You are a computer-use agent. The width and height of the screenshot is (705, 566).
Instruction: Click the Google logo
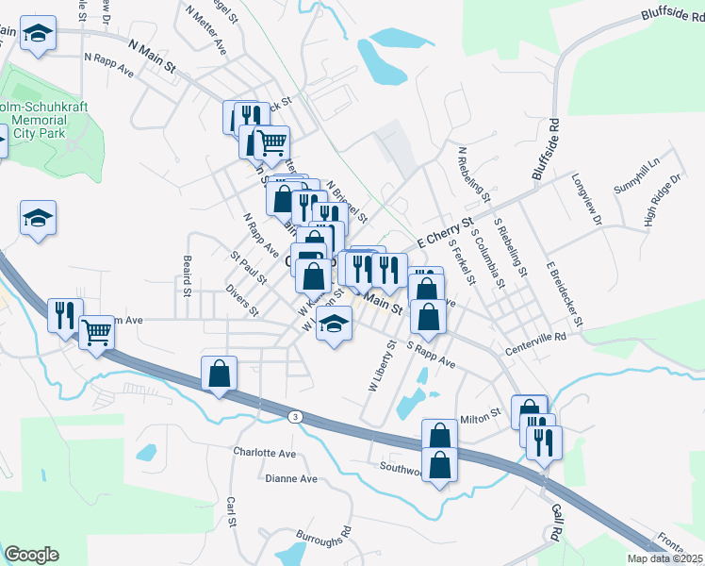pyautogui.click(x=32, y=555)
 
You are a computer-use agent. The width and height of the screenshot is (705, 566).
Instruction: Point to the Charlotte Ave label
pyautogui.click(x=265, y=453)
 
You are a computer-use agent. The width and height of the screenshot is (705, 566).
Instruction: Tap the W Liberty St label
pyautogui.click(x=380, y=369)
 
